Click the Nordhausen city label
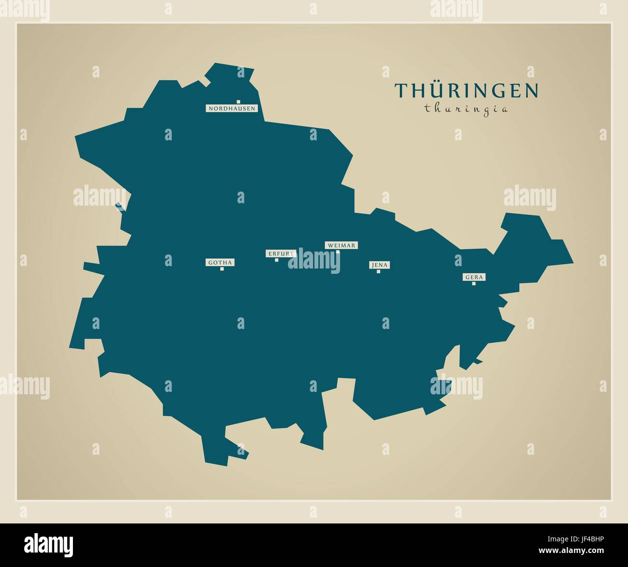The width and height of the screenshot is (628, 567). pyautogui.click(x=232, y=108)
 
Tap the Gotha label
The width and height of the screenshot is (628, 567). pyautogui.click(x=220, y=263)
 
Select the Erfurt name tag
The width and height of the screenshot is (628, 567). pyautogui.click(x=280, y=254)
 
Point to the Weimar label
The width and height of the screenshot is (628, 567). pyautogui.click(x=341, y=245)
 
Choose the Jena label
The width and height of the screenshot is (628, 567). pyautogui.click(x=379, y=265)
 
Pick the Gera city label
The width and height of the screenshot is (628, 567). pyautogui.click(x=474, y=277)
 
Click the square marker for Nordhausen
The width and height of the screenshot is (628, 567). pyautogui.click(x=238, y=102)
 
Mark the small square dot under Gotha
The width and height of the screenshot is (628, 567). pyautogui.click(x=222, y=269)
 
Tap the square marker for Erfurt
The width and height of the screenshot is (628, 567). pyautogui.click(x=276, y=260)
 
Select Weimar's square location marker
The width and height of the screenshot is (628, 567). pyautogui.click(x=338, y=252)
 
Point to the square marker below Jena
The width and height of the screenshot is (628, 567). pyautogui.click(x=378, y=271)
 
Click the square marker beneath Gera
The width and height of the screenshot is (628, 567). pyautogui.click(x=473, y=283)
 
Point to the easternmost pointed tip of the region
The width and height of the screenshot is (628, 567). pyautogui.click(x=573, y=263)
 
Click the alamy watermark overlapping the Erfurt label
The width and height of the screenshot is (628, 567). pyautogui.click(x=314, y=260)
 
